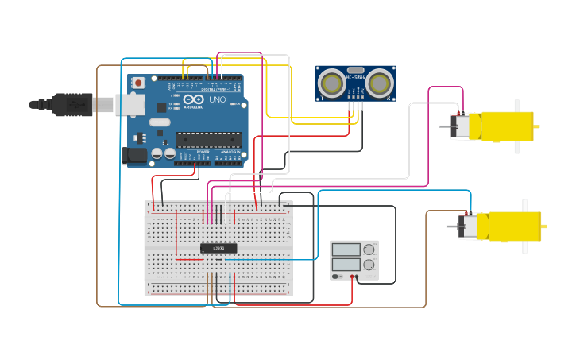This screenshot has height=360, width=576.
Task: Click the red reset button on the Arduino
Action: pos(138,82)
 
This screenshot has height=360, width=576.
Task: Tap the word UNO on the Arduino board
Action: pos(217,99)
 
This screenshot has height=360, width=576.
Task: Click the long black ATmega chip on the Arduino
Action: pos(209,140)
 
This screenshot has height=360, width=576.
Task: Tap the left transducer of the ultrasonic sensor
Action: pos(331,83)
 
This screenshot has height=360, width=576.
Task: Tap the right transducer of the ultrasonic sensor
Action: pos(380,83)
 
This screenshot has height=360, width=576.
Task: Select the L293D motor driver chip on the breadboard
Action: pos(218,249)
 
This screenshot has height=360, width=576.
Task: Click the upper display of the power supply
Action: pos(346,250)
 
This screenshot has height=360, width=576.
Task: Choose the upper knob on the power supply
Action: pos(369,250)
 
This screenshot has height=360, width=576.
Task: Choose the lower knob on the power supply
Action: pos(369,264)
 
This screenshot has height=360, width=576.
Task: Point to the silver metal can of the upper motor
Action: pos(460,127)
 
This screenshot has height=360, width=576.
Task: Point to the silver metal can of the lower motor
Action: pos(470,226)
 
